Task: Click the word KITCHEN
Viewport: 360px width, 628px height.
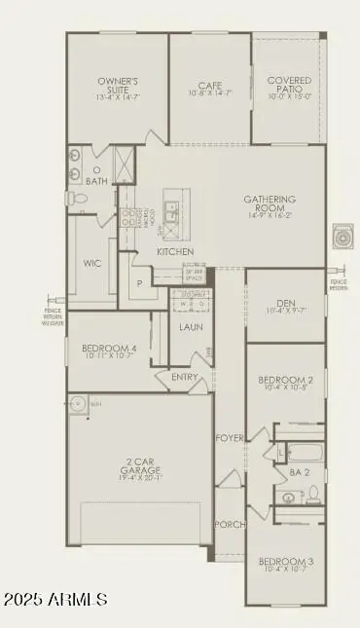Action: click(175, 251)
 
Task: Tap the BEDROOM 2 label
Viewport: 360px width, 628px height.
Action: click(285, 381)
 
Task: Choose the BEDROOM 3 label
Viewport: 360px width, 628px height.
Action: click(285, 562)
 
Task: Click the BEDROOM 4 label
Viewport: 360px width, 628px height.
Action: click(107, 349)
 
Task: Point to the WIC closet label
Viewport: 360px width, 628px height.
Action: click(92, 263)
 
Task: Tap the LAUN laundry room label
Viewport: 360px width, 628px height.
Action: click(191, 327)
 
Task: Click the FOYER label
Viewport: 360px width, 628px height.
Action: click(229, 437)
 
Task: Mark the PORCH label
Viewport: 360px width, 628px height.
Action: click(229, 523)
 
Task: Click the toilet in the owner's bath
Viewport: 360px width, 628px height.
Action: click(79, 198)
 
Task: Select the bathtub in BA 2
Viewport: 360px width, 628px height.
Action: click(302, 454)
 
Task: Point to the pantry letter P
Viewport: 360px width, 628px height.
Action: click(140, 283)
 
